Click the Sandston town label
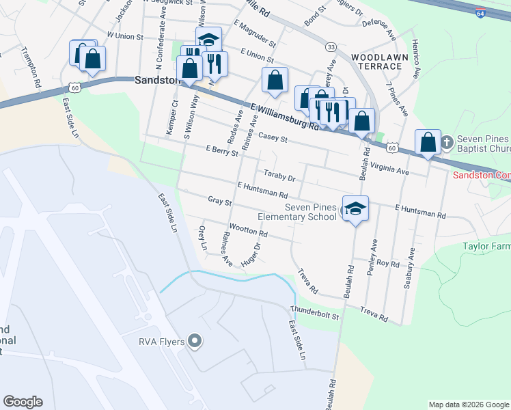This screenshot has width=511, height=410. (157, 79)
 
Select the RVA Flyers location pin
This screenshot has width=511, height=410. (195, 340)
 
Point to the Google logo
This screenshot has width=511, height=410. (23, 402)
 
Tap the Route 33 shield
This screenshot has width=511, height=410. (331, 46)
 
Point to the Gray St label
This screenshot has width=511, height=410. (220, 202)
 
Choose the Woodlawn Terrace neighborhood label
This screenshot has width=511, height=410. (376, 61)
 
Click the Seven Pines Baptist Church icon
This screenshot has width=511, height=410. (446, 143)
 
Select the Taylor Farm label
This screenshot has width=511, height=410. (486, 246)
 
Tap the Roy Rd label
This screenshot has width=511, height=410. (387, 263)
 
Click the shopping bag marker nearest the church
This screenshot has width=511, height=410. (428, 142)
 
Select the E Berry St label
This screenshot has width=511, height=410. (221, 151)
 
